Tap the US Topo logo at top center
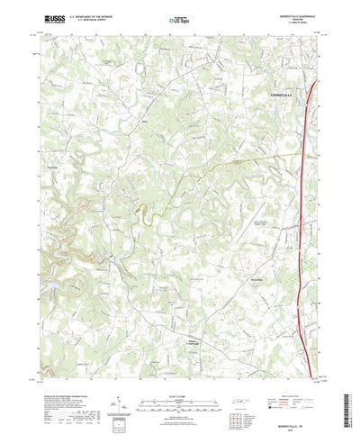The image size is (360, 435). tap(179, 18)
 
